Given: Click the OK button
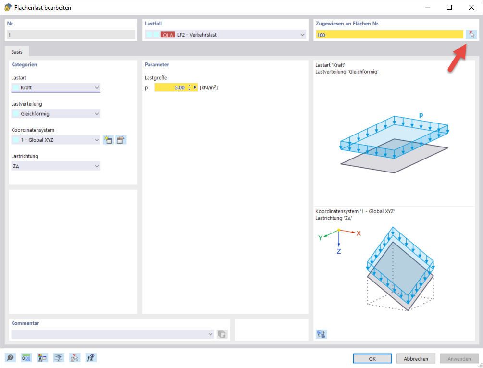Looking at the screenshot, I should (372, 358).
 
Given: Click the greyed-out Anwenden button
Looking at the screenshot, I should (459, 358).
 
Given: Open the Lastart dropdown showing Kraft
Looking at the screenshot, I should (56, 87).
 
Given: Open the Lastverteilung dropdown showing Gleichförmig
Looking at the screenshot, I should (56, 114).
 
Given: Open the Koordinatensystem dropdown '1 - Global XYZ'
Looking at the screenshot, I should (56, 140).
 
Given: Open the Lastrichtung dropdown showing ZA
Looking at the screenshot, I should (56, 166).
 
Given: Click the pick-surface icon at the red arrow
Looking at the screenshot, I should (471, 34).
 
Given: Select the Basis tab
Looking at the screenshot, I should (17, 51).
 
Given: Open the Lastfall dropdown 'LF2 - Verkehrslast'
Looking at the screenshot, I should (225, 35).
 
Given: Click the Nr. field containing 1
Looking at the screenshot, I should (71, 35).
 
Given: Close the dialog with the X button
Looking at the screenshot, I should (471, 7).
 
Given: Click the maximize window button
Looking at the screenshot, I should (449, 7).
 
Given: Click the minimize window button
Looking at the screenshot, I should (427, 7).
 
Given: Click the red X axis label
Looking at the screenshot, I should (359, 233).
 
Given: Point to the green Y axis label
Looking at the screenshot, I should (320, 237).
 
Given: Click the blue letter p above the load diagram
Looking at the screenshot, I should (421, 115).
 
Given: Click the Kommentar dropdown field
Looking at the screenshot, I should (112, 334).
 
